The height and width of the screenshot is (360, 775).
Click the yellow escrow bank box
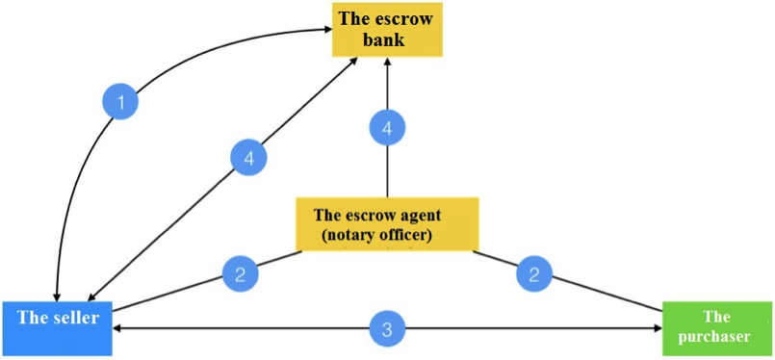point(387,29)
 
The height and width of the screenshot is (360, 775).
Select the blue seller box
point(57,328)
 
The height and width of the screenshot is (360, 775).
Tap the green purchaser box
point(716,328)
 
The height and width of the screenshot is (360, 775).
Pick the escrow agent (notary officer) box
point(387,223)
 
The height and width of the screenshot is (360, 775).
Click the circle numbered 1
point(120,102)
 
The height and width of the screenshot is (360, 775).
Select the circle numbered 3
point(387,328)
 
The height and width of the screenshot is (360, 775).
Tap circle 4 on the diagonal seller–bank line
point(248,159)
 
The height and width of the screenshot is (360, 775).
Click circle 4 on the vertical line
point(387,128)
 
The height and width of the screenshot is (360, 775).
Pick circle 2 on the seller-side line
point(241,274)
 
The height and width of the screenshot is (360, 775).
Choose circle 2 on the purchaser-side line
point(534,274)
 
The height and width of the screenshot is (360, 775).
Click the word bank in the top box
point(383,39)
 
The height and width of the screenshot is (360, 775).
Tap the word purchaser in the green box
point(714,337)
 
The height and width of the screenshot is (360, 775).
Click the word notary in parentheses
point(350,237)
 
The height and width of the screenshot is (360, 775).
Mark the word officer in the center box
point(408,237)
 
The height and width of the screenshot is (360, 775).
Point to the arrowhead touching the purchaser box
point(658,328)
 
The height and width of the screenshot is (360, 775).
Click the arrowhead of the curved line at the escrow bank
point(326,30)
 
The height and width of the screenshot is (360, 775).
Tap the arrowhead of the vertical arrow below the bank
point(387,63)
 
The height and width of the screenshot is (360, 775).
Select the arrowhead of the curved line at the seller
point(58,295)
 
